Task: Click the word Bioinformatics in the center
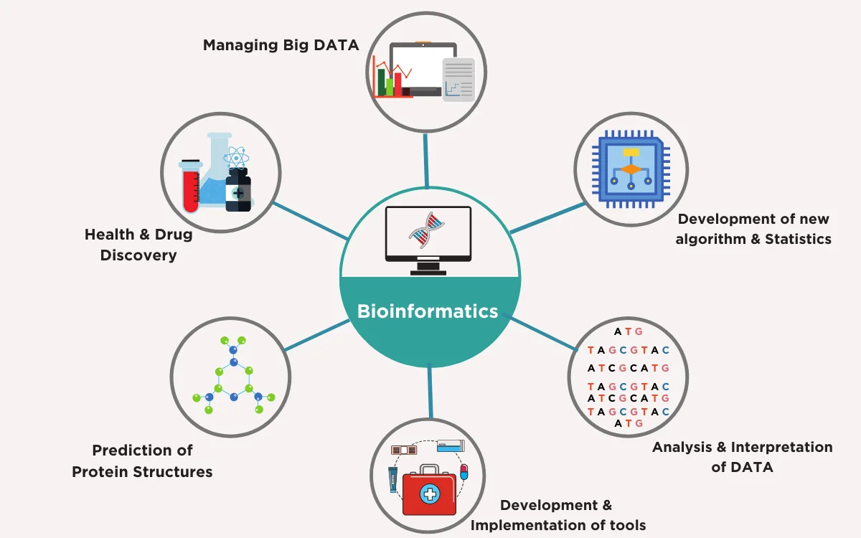428,311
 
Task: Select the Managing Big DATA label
281,45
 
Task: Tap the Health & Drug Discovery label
138,245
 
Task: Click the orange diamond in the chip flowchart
631,169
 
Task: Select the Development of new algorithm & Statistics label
754,229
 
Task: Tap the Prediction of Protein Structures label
142,461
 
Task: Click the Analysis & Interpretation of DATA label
742,457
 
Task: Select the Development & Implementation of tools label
557,515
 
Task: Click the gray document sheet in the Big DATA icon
458,80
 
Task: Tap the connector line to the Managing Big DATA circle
428,159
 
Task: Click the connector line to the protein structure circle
316,335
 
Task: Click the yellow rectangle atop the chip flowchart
631,152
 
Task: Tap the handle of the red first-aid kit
430,470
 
